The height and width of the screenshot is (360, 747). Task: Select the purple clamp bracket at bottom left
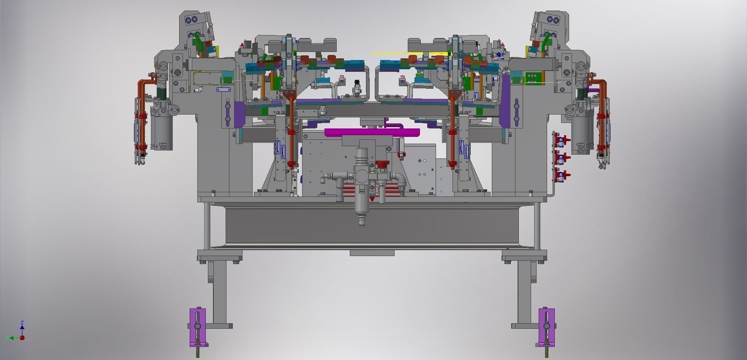[x=197, y=327]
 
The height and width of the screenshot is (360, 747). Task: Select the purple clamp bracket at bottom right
[x=547, y=327]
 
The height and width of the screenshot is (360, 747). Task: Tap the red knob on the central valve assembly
[x=382, y=164]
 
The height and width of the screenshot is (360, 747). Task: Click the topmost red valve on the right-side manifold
[x=562, y=139]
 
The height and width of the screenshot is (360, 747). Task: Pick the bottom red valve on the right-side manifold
[x=562, y=175]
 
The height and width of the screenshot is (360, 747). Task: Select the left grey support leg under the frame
[x=219, y=292]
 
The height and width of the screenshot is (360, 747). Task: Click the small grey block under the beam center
[x=372, y=253]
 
